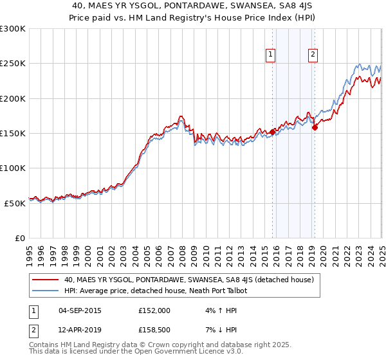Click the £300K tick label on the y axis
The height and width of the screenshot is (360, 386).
pyautogui.click(x=13, y=29)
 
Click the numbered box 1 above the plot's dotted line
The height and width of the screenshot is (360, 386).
pyautogui.click(x=271, y=55)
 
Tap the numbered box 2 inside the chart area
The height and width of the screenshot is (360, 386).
pyautogui.click(x=313, y=55)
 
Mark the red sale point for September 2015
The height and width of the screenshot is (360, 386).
pyautogui.click(x=272, y=132)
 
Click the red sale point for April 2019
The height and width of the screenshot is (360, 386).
pyautogui.click(x=315, y=127)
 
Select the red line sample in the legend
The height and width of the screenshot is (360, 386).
pyautogui.click(x=45, y=280)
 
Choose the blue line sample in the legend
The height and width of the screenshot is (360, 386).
pyautogui.click(x=45, y=291)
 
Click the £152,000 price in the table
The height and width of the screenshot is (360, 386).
pyautogui.click(x=154, y=310)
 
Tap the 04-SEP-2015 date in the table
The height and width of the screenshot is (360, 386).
pyautogui.click(x=79, y=310)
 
